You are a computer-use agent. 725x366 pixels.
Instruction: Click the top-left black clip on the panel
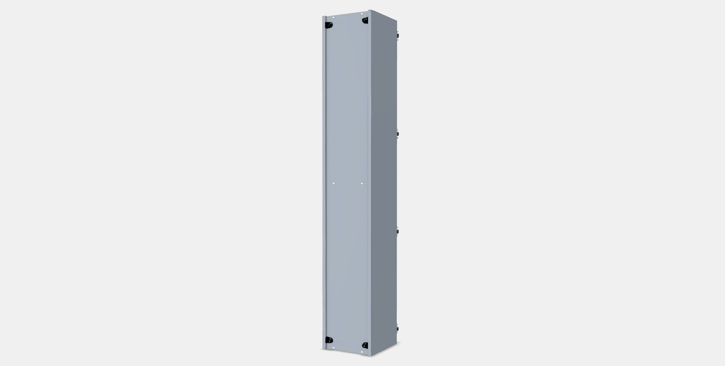coord(329,25)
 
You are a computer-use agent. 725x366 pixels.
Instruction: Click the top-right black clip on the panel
coord(365,21)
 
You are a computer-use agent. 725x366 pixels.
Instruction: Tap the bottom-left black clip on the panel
coord(328,340)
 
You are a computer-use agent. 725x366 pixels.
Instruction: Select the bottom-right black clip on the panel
coord(365,345)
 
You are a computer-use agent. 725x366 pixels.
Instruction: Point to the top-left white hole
coord(334,18)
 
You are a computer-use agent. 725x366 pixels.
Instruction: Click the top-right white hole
coord(362,14)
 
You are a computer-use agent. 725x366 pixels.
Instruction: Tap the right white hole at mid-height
coord(362,184)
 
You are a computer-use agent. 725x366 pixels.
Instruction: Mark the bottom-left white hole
coord(334,347)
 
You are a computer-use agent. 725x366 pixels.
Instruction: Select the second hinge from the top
coord(398,134)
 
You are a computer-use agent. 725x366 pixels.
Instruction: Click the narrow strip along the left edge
coord(324,187)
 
